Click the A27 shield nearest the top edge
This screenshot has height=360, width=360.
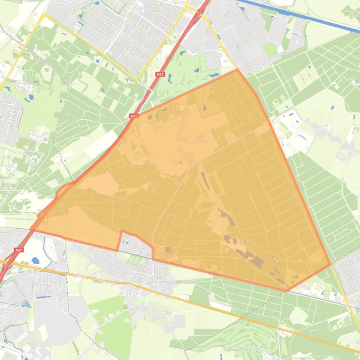click(160, 74)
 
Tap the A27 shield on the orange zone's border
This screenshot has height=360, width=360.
click(133, 115)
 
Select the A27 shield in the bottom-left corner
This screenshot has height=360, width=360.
click(18, 250)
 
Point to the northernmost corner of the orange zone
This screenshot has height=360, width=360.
click(237, 69)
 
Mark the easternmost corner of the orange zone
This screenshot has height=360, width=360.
click(331, 265)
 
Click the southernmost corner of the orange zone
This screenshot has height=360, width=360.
click(286, 291)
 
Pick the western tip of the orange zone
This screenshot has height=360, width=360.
click(31, 230)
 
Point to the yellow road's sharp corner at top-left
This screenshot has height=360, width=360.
click(44, 14)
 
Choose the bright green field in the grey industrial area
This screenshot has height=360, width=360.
click(270, 49)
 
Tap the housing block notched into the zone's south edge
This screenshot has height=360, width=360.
click(136, 243)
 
